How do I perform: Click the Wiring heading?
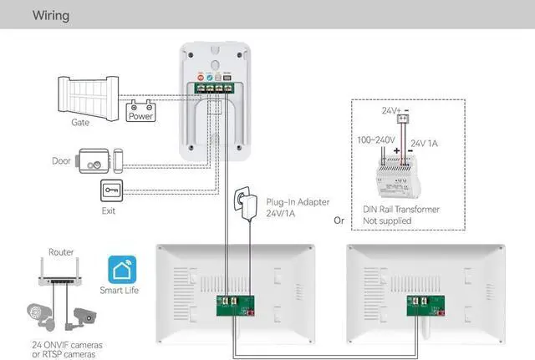51,15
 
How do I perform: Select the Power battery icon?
140,112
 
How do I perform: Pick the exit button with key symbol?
112,190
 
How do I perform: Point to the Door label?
62,160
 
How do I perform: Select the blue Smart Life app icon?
120,268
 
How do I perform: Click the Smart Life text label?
120,291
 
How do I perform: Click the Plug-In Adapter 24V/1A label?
296,207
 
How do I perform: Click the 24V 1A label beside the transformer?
425,143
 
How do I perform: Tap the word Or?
339,221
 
